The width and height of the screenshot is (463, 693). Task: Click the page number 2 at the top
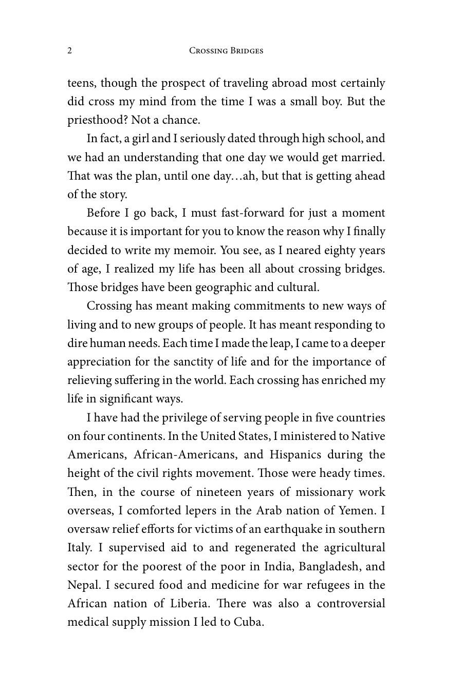click(69, 50)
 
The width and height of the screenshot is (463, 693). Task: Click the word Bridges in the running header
click(245, 51)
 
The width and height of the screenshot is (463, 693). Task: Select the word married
click(363, 157)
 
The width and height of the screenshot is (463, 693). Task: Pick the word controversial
click(351, 604)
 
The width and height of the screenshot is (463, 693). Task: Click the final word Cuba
click(249, 622)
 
